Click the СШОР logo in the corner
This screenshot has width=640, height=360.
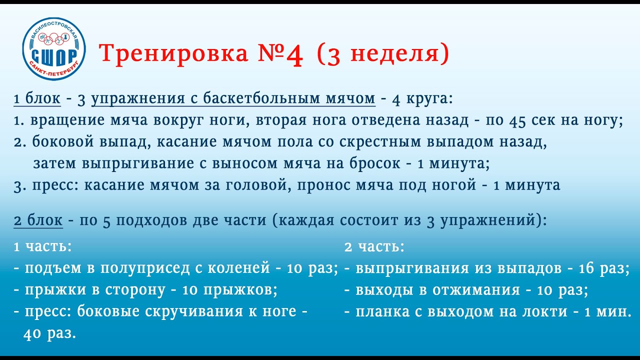[x=54, y=48]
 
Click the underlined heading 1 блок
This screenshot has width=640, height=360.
[x=37, y=99]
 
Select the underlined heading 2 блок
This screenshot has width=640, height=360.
[x=38, y=220]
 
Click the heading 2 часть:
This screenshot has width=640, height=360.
[x=374, y=246]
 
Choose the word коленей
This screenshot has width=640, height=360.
[x=238, y=268]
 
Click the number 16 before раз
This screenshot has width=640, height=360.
[x=585, y=268]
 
